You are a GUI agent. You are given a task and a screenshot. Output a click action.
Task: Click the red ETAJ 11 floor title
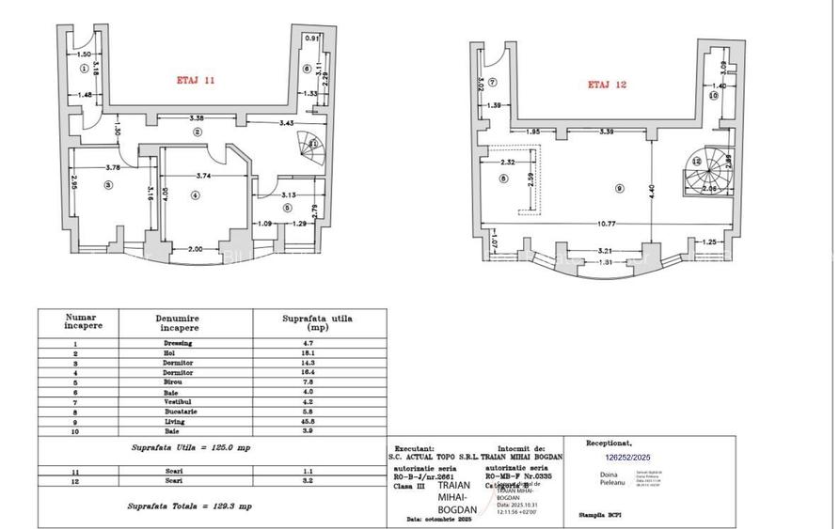[197, 81]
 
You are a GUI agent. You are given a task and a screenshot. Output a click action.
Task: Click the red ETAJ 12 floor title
[608, 85]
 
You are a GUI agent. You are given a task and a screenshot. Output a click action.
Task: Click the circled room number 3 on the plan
[108, 186]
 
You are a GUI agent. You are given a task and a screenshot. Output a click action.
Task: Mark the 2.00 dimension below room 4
[195, 248]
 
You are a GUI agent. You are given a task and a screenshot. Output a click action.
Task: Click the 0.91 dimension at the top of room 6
[311, 39]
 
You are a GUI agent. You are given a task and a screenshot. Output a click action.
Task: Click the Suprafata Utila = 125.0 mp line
[190, 447]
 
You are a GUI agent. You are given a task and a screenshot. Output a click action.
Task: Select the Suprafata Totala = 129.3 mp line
[190, 506]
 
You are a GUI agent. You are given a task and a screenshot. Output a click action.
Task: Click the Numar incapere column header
[78, 322]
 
